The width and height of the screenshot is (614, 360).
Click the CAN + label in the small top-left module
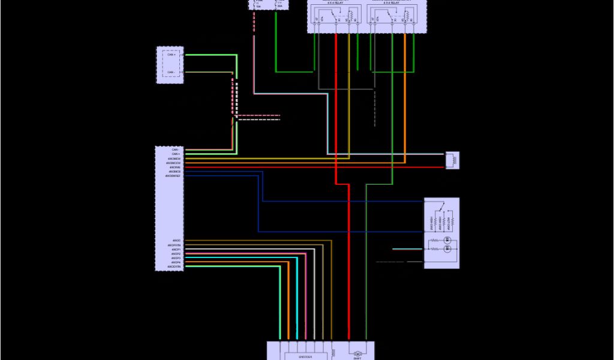[171, 55]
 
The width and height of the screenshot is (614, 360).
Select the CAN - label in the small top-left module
[171, 72]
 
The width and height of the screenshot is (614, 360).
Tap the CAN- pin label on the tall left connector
[175, 149]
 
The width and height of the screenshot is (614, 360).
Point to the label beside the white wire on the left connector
[174, 249]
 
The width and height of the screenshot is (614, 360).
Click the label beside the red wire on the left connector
[174, 167]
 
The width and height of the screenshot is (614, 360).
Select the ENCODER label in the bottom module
[306, 356]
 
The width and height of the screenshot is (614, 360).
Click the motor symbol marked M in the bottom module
[357, 354]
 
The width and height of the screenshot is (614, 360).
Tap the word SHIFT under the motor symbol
[357, 359]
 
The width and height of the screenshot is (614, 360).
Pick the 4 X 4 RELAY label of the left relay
[333, 2]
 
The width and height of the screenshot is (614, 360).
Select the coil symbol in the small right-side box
[451, 160]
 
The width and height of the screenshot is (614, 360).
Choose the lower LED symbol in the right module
[447, 248]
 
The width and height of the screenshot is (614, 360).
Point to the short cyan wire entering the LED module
[407, 248]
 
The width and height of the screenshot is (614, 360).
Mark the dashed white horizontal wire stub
[259, 119]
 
